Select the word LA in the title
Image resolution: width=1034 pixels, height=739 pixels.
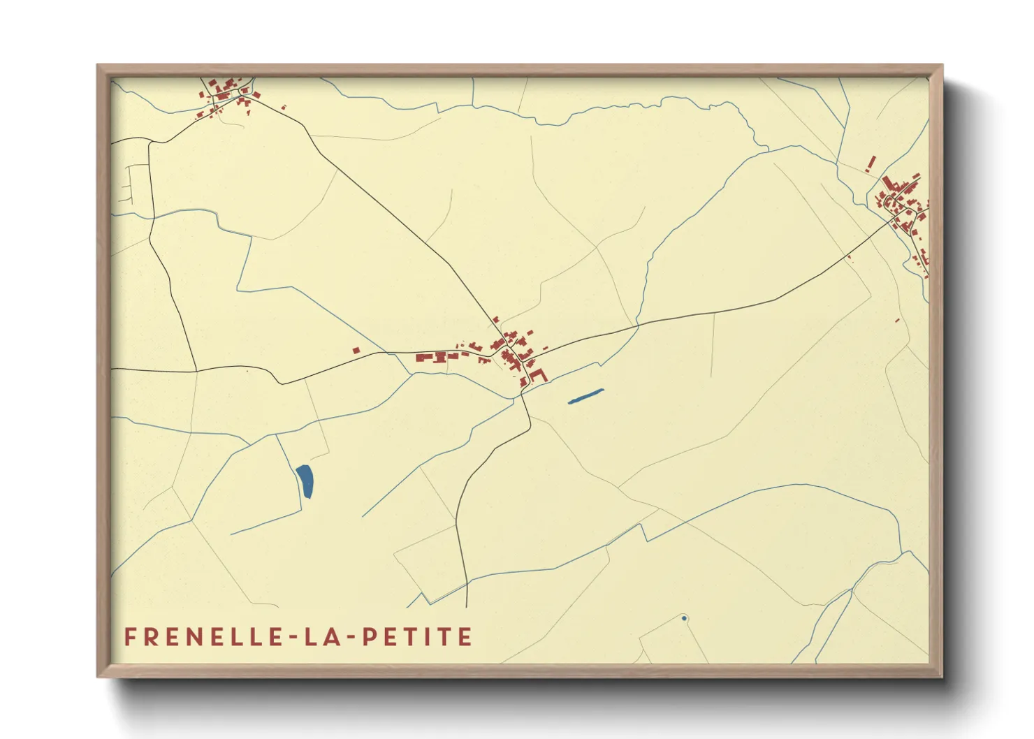[x=316, y=637]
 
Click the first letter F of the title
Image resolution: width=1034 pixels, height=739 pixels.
[x=130, y=637]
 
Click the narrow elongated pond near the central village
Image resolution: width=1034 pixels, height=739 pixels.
[x=585, y=396]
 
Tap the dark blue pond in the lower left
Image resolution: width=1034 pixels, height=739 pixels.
[x=305, y=481]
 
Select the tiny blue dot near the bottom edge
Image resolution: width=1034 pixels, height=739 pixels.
[x=684, y=618]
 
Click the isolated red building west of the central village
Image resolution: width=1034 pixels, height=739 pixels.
[x=356, y=350]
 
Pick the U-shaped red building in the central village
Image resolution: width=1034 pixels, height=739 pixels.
[x=537, y=376]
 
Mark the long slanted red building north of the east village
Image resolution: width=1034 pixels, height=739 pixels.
[x=871, y=163]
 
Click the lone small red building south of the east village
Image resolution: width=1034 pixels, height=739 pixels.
[x=898, y=321]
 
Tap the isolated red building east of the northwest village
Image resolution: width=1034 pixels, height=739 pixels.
[x=283, y=108]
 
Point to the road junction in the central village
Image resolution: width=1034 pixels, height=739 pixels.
[x=504, y=350]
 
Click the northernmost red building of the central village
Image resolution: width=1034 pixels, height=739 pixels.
[x=497, y=320]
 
